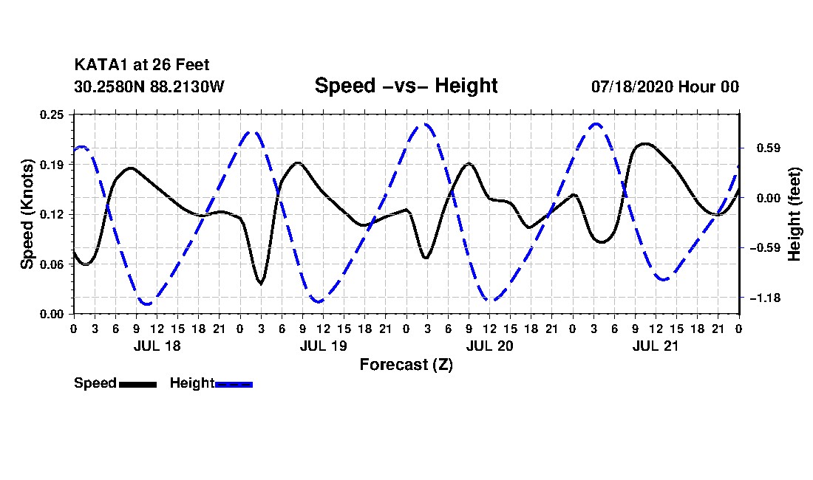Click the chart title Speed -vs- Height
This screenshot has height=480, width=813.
click(406, 86)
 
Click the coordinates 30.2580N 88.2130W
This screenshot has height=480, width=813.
click(149, 86)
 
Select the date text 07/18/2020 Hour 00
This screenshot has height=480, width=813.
click(665, 86)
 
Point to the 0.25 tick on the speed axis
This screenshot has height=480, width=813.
click(52, 114)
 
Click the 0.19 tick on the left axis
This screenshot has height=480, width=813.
click(52, 165)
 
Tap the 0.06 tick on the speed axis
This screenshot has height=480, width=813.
click(52, 264)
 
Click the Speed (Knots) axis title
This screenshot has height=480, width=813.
click(27, 214)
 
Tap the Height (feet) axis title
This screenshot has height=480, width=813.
click(794, 214)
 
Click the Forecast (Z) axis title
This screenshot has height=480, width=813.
click(406, 365)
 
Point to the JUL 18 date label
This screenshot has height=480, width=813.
click(157, 346)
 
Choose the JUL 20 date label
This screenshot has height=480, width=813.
click(489, 346)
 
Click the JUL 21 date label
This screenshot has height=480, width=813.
click(656, 346)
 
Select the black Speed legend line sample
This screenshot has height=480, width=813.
click(138, 384)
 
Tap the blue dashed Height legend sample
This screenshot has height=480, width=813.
click(234, 384)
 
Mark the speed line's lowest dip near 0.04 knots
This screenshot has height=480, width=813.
click(260, 284)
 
